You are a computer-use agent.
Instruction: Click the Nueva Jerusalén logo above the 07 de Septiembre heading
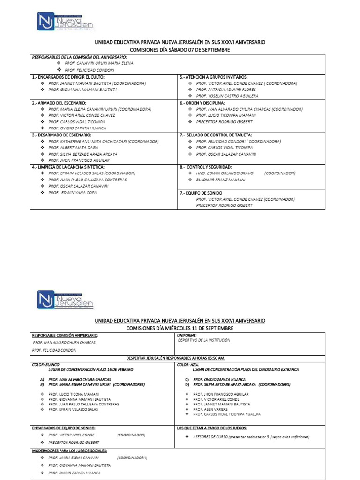click(x=65, y=21)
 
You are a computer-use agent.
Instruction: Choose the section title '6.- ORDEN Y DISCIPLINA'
click(x=202, y=103)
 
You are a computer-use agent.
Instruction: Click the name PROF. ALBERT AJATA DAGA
click(x=73, y=147)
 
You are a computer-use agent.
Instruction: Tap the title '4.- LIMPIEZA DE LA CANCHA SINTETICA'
click(x=68, y=167)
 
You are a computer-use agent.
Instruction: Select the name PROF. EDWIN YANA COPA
click(x=73, y=192)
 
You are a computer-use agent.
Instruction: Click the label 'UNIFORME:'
click(x=187, y=336)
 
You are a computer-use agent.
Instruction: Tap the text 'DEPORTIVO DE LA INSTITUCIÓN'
click(x=204, y=341)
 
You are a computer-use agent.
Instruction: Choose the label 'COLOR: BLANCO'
click(x=45, y=364)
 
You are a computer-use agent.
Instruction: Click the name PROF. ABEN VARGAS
click(x=210, y=409)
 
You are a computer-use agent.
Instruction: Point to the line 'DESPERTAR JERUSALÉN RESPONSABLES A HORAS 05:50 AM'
click(x=176, y=358)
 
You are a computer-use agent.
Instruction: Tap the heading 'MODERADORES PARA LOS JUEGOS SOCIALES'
click(x=69, y=450)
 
